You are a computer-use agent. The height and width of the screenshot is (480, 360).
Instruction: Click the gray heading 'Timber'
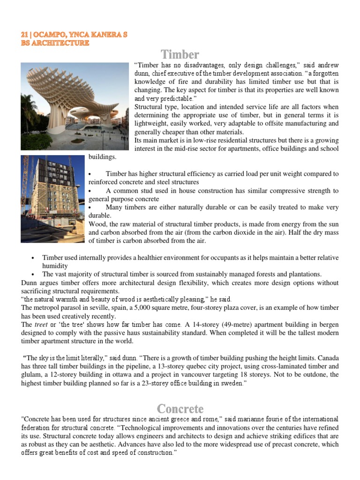[180, 54]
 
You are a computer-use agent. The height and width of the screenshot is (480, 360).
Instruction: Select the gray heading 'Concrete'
[180, 408]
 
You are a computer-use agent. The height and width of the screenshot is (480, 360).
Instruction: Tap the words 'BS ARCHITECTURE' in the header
[55, 43]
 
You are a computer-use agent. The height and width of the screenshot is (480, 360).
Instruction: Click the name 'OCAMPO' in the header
[50, 35]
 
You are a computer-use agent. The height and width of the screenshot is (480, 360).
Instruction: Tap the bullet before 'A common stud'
[90, 191]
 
